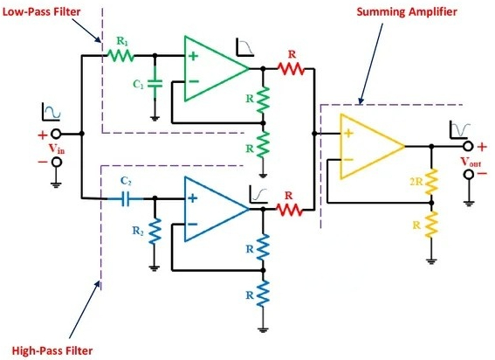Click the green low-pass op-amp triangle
213,66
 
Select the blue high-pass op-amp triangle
213,208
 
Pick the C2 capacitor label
127,180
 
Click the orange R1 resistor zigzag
120,54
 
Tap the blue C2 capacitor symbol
128,197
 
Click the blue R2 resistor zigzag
155,232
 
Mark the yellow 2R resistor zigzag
430,185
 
